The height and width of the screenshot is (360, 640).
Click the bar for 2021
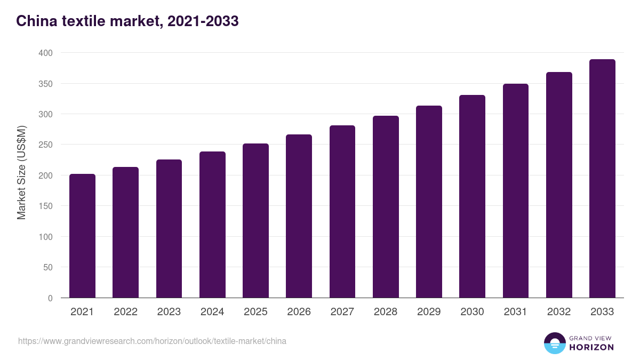[x=82, y=236]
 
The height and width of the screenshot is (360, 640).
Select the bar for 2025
[x=255, y=221]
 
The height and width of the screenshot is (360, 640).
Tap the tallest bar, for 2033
[x=602, y=179]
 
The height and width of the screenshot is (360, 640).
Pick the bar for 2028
[x=386, y=207]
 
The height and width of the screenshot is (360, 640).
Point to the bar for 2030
[x=473, y=196]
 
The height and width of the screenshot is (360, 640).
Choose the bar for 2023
[x=169, y=229]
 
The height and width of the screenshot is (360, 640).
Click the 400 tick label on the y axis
[x=45, y=53]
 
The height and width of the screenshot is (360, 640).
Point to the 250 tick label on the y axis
[x=45, y=145]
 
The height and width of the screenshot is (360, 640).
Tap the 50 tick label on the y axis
[x=47, y=267]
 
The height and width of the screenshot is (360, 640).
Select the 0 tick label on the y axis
[x=50, y=298]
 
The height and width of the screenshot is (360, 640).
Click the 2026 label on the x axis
[x=299, y=312]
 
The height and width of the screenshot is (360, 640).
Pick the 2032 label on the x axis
[x=559, y=312]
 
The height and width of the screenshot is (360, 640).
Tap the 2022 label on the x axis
[x=125, y=312]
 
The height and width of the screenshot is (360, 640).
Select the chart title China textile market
[x=127, y=21]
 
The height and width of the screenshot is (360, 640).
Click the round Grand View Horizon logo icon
[x=554, y=343]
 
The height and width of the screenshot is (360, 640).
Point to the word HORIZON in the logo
[x=591, y=347]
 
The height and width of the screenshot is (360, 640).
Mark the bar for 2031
[x=516, y=191]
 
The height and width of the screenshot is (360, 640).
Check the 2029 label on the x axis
[x=429, y=312]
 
